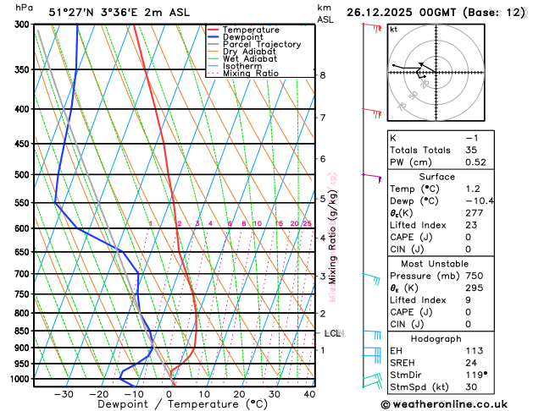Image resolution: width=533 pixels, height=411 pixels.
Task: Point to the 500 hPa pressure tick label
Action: tap(21, 175)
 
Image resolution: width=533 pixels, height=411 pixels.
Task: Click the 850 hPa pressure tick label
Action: tap(21, 331)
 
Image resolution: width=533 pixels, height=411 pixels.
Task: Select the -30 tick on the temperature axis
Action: tap(64, 394)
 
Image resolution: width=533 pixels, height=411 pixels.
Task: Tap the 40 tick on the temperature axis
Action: tap(309, 394)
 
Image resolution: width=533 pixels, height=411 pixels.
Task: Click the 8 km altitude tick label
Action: tap(322, 75)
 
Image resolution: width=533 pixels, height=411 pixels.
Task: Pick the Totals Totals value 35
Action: tap(471, 150)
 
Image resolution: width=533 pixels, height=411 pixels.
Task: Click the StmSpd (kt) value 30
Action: tap(471, 388)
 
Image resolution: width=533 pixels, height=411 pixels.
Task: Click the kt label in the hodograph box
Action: tap(393, 29)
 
